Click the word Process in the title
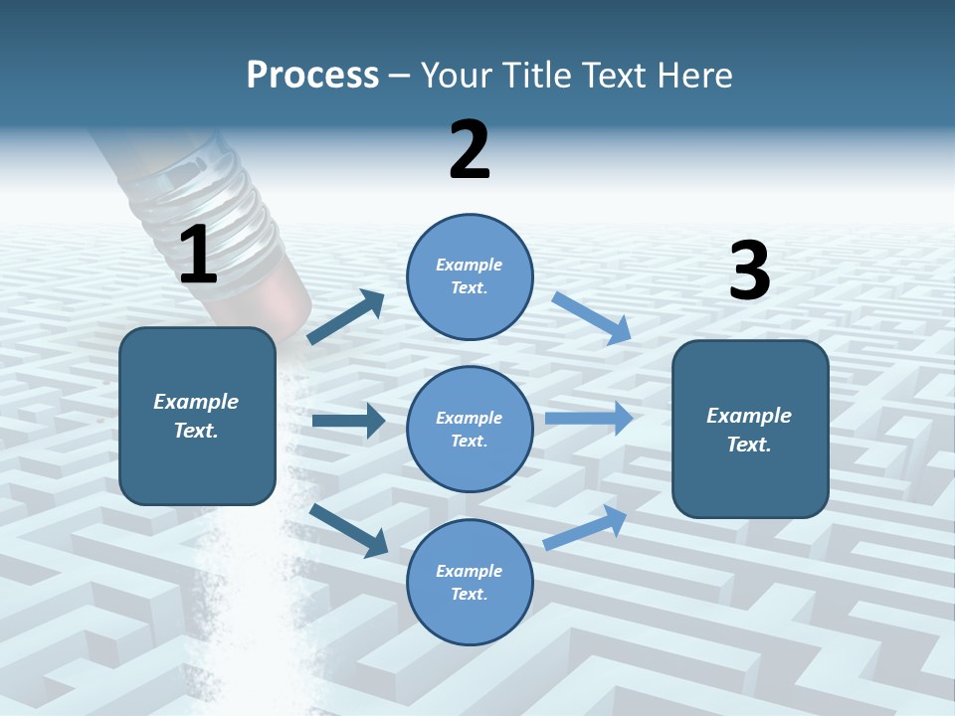(312, 76)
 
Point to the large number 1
(197, 255)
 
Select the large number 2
(470, 150)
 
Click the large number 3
(749, 270)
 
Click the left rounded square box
(197, 416)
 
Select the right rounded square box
(750, 429)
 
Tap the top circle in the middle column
(470, 275)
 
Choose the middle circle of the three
(470, 429)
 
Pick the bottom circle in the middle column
(470, 582)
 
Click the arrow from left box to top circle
(345, 317)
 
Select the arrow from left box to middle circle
(348, 421)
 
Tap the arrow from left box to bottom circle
(348, 529)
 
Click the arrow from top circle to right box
(592, 317)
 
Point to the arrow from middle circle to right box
(589, 419)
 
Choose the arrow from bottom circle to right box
(585, 527)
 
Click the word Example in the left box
(196, 402)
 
